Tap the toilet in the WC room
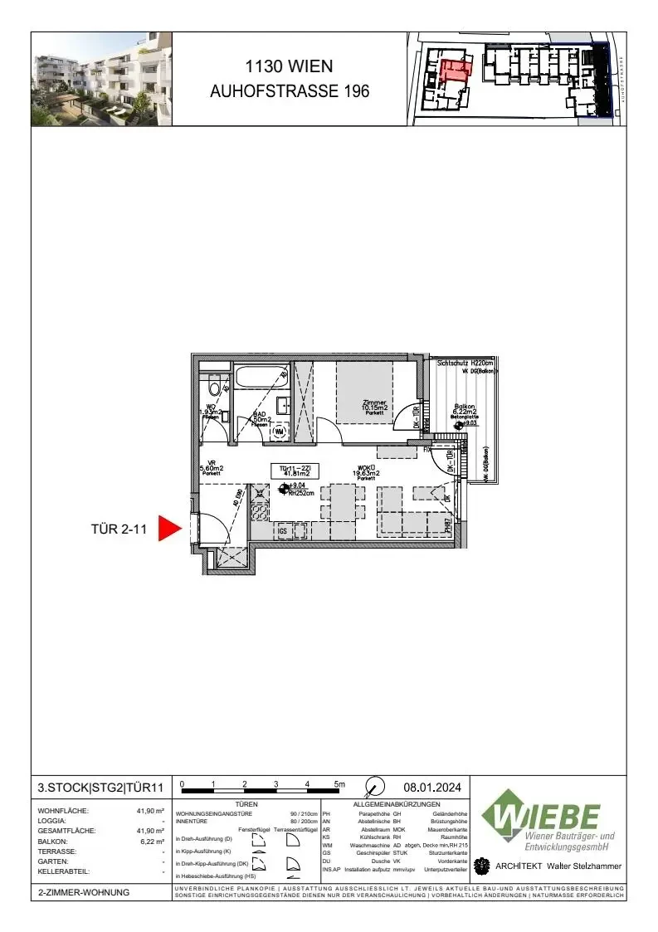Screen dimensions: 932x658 pyautogui.click(x=214, y=387)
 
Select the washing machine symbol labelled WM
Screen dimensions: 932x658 pyautogui.click(x=280, y=431)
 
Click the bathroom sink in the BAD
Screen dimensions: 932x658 pyautogui.click(x=282, y=406)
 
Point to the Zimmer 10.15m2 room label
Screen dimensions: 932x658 pyautogui.click(x=374, y=406)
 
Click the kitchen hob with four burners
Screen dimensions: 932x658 pyautogui.click(x=260, y=511)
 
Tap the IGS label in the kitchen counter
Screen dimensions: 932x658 pyautogui.click(x=283, y=531)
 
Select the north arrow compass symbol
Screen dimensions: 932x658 pyautogui.click(x=375, y=785)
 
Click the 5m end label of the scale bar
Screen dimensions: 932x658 pyautogui.click(x=339, y=783)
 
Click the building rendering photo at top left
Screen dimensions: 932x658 pyautogui.click(x=101, y=79)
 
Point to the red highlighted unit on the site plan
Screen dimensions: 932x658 pyautogui.click(x=454, y=70)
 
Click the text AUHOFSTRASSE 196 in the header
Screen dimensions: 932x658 pyautogui.click(x=289, y=92)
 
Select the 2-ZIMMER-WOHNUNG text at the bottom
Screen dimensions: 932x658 pyautogui.click(x=83, y=893)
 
